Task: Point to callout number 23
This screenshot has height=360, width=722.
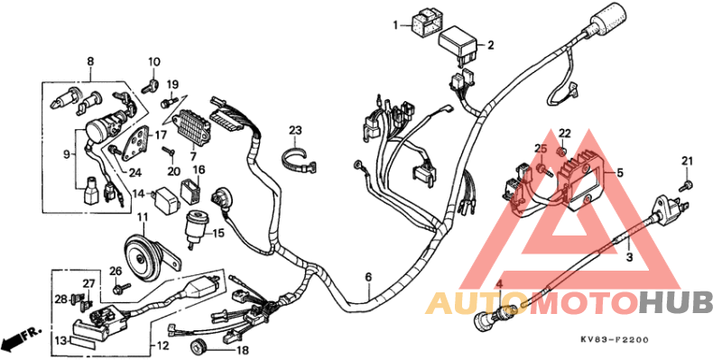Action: [x=295, y=130]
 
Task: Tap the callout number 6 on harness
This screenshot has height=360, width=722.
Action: [x=368, y=277]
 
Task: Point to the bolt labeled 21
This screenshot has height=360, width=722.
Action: [x=685, y=183]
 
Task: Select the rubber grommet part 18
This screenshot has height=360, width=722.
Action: [x=198, y=347]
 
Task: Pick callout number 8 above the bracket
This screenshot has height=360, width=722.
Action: [x=89, y=61]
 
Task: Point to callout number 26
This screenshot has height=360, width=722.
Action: [x=116, y=272]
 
